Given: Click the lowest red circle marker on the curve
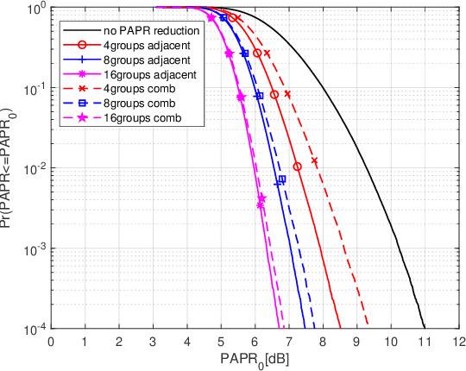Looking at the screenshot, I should (297, 167).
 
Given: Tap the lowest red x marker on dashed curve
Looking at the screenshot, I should (315, 161).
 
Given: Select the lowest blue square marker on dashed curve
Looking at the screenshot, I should (281, 179).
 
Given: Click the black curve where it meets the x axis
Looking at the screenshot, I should (425, 328).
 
